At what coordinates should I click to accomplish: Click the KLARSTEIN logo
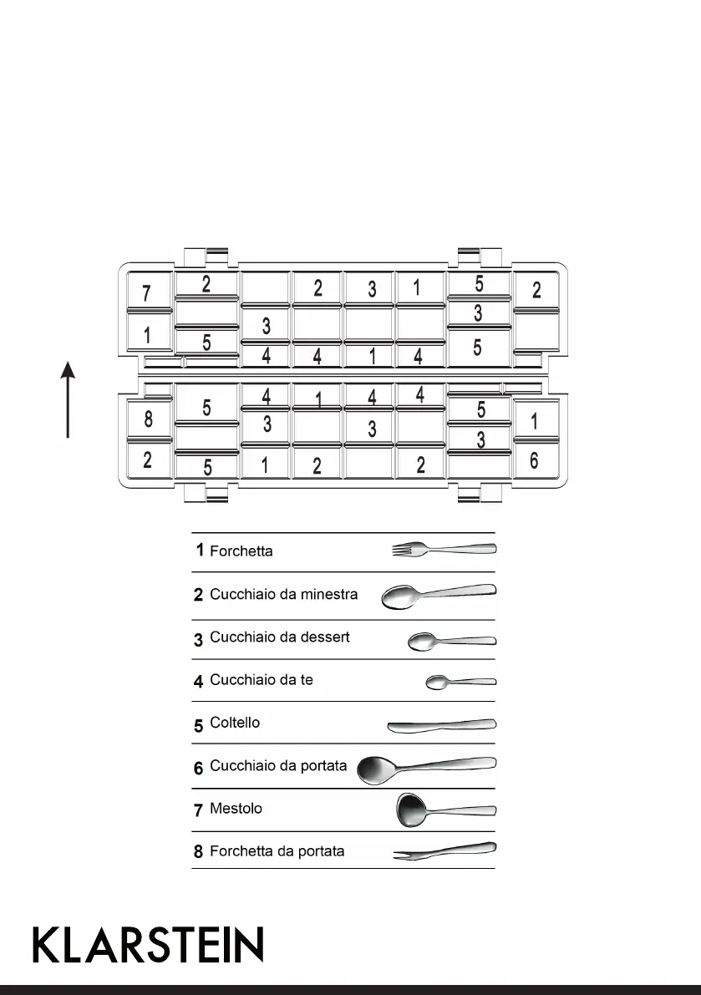148,944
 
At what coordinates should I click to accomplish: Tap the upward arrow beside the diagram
69,399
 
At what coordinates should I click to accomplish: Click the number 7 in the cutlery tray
146,293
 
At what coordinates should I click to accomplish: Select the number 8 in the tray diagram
148,419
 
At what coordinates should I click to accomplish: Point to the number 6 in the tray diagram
534,460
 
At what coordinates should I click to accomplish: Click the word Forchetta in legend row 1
241,551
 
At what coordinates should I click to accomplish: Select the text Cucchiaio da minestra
283,595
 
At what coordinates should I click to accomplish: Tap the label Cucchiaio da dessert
279,637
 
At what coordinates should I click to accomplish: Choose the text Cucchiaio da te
262,680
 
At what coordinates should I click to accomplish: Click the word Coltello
235,723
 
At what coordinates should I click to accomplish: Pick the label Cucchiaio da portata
278,766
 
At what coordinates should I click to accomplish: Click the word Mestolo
236,809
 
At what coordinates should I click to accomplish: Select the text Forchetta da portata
277,852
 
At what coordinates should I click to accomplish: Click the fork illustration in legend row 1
444,549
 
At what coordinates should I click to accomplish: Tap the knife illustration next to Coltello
441,724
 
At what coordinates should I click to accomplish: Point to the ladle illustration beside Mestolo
444,809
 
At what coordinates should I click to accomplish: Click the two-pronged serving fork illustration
444,851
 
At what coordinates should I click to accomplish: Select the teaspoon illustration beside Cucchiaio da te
460,683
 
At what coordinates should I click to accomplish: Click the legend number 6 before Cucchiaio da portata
199,768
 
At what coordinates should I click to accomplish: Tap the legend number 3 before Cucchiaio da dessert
199,640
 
